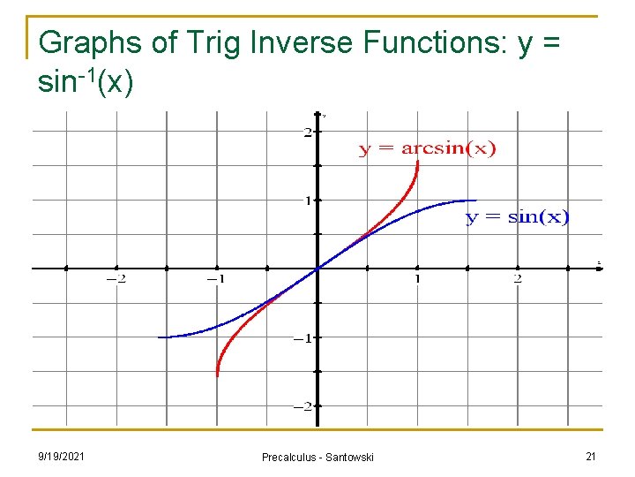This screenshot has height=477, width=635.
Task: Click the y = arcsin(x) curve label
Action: point(427,148)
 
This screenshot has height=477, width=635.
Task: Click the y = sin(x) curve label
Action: point(517,217)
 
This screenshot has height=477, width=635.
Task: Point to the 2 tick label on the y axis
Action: point(307,132)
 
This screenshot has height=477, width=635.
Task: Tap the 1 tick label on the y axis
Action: point(307,201)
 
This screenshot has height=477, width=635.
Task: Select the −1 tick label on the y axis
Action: point(302,338)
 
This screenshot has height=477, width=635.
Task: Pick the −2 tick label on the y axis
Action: point(302,406)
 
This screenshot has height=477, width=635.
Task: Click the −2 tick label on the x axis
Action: point(116,279)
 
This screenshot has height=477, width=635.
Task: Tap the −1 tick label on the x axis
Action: point(215,279)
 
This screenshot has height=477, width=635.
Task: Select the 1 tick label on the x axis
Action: point(417,279)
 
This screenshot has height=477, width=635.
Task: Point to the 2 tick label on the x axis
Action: point(517,279)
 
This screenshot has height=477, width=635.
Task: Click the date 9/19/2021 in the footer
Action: point(62,456)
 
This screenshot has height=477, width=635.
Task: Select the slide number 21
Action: point(590,456)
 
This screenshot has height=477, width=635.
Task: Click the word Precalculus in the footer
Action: point(291,457)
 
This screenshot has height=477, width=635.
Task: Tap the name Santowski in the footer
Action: point(350,457)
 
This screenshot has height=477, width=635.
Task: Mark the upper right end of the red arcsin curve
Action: point(417,163)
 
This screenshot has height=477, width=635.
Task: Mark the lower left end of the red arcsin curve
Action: point(217,375)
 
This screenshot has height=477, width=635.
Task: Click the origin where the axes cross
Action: point(317,269)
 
